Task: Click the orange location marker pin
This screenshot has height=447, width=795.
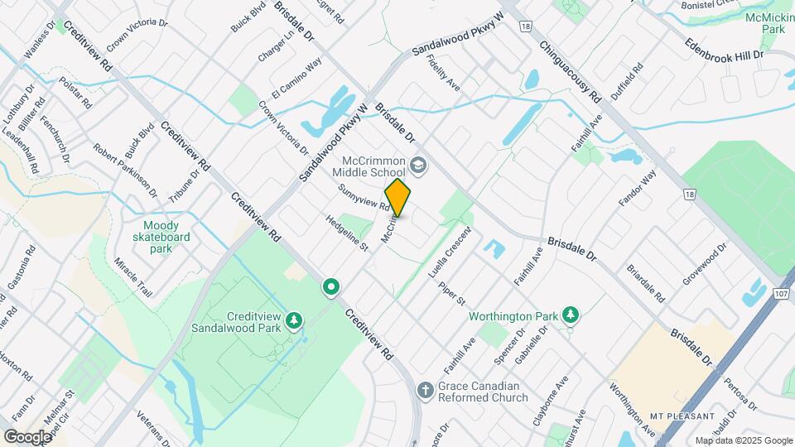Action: click(397, 198)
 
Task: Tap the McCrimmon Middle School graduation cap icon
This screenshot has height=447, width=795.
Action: click(418, 166)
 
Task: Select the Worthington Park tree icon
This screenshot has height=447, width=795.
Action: click(570, 315)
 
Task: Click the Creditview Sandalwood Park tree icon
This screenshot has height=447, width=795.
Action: click(293, 320)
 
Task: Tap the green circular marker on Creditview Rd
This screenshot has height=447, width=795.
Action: click(331, 287)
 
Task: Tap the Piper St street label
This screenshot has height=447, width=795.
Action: click(453, 291)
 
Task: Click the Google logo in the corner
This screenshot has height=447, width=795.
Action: click(27, 436)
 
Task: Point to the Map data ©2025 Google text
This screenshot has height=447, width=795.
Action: click(743, 440)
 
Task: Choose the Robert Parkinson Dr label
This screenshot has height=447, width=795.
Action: click(125, 171)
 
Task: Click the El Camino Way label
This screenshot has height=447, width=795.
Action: click(296, 80)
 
